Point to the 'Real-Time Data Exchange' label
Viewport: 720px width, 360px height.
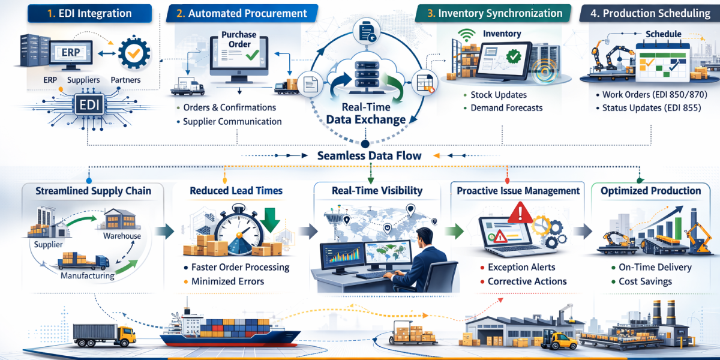pos(365,113)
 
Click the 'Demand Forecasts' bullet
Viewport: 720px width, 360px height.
pos(506,108)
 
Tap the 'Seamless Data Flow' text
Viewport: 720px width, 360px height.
pos(369,155)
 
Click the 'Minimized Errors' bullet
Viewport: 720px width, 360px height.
pos(227,281)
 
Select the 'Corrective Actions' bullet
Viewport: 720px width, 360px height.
pos(526,281)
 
